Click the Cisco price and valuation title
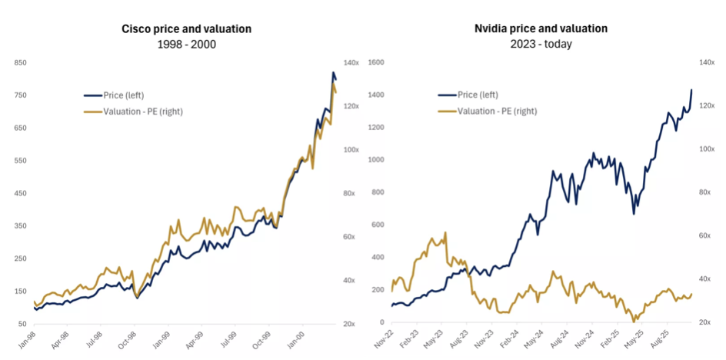click(186, 29)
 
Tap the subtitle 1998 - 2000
click(186, 44)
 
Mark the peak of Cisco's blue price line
click(333, 72)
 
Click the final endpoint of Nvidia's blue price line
click(691, 90)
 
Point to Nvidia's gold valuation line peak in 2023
click(433, 238)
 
